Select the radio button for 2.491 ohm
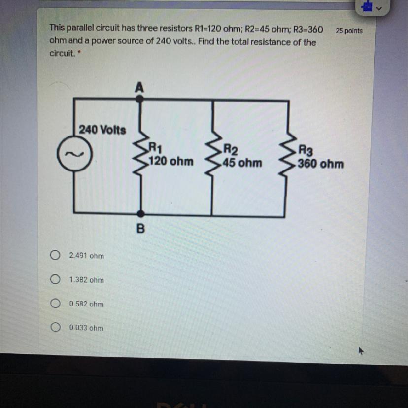(x=55, y=255)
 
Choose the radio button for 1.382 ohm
(x=55, y=279)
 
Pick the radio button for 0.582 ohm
(x=55, y=303)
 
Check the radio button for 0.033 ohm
(x=55, y=327)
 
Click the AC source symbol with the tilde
(x=75, y=154)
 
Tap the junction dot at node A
(x=140, y=99)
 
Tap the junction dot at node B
(x=140, y=214)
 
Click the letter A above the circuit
(x=139, y=87)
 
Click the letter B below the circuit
(x=140, y=229)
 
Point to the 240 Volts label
(x=102, y=130)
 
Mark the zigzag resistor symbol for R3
(x=287, y=155)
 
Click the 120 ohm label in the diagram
(x=171, y=161)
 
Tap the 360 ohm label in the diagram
(x=321, y=164)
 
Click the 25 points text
(x=349, y=31)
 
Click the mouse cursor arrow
(x=361, y=350)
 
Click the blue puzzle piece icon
(x=367, y=6)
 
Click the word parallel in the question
(x=80, y=28)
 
